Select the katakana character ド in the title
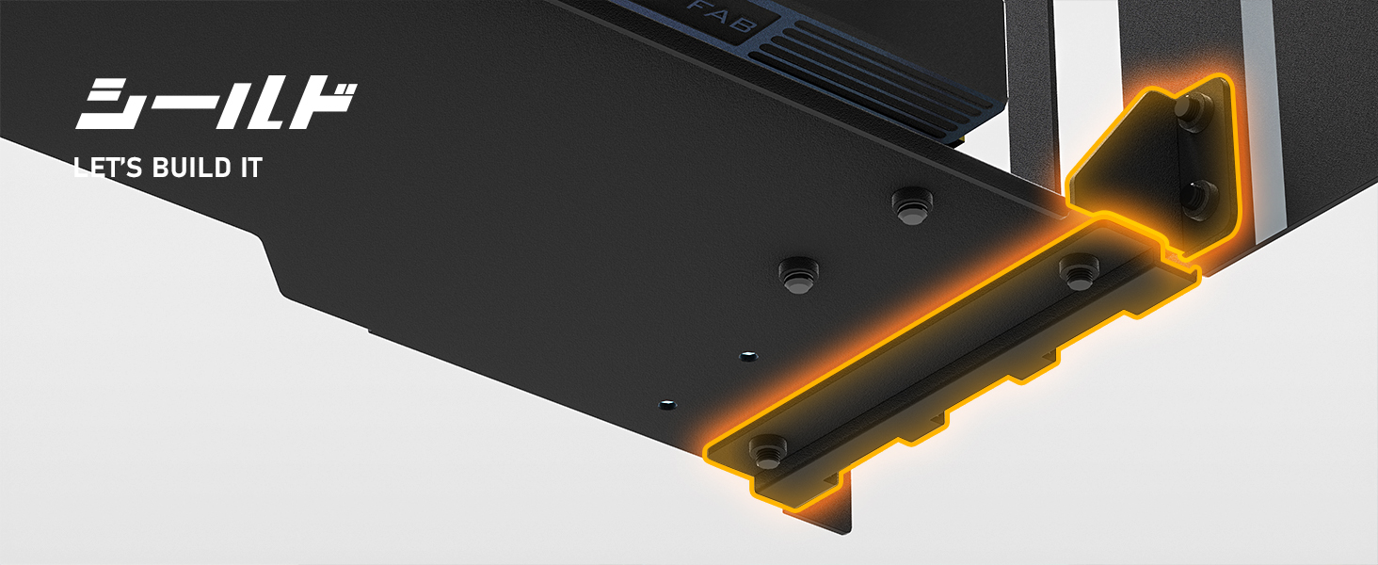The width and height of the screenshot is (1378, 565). click(x=322, y=105)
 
